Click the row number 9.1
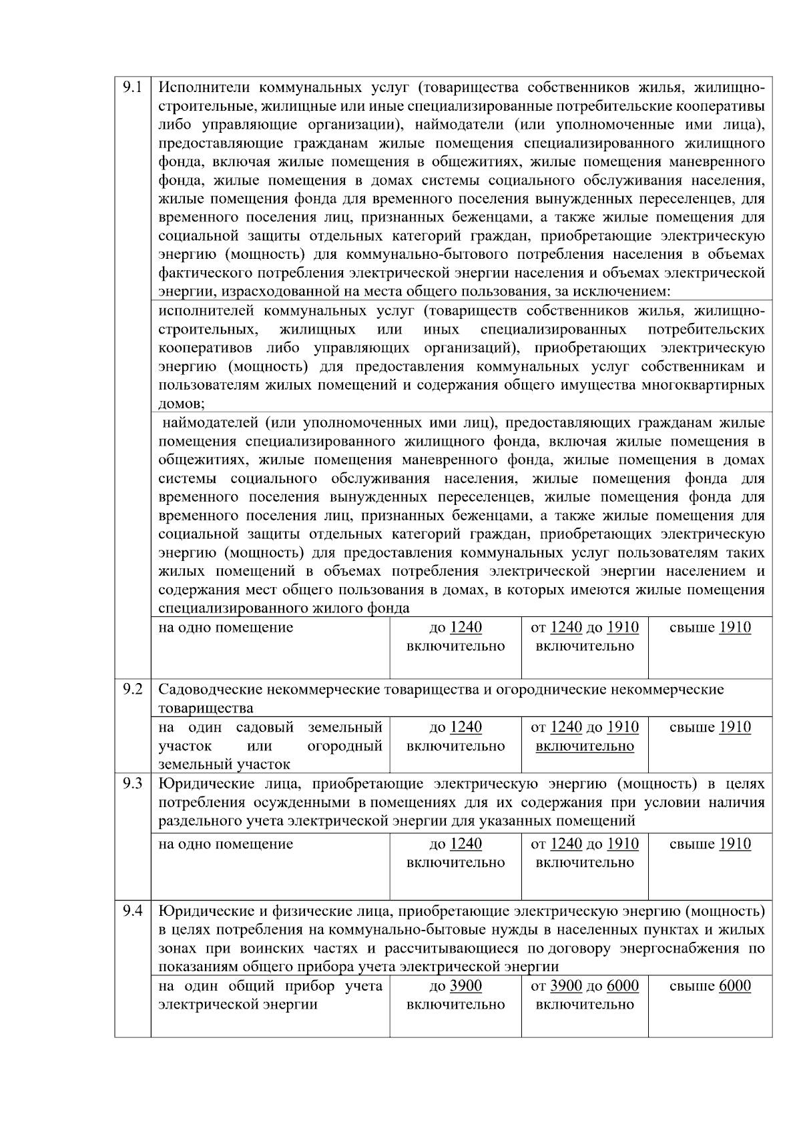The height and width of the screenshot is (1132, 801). (132, 87)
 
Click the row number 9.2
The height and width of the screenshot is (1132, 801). (132, 689)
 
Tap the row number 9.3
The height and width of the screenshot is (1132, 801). (132, 784)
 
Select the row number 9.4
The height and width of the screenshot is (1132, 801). (132, 911)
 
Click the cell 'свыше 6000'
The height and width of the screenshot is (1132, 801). (710, 986)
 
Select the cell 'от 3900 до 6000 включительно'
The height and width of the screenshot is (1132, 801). (584, 995)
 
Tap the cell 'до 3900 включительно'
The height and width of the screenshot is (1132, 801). (455, 995)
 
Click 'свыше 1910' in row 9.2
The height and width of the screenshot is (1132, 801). (710, 727)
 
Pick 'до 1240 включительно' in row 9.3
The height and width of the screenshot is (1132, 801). (455, 853)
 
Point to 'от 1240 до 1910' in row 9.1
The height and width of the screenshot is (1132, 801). (584, 628)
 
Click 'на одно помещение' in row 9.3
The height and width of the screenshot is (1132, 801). (226, 844)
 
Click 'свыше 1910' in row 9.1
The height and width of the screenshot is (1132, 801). (710, 628)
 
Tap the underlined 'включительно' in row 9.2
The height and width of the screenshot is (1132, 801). (584, 746)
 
